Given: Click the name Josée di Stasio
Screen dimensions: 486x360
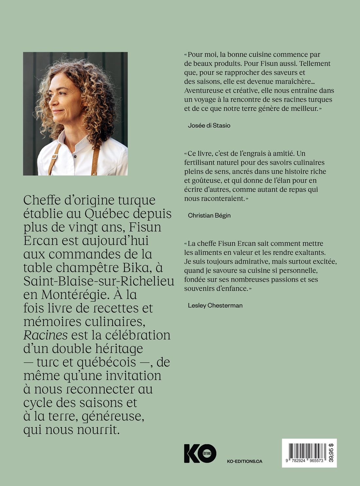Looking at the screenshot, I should (x=209, y=125).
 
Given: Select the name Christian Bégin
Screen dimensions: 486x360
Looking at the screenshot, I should (x=209, y=215).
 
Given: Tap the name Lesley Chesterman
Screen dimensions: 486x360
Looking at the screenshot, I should (x=215, y=305).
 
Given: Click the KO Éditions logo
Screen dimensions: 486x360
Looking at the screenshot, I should (x=200, y=453).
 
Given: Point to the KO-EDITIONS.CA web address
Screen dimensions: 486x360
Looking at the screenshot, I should (x=244, y=461).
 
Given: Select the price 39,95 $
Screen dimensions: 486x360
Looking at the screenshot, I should (x=331, y=453).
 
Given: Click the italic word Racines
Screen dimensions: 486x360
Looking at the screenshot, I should (x=45, y=335).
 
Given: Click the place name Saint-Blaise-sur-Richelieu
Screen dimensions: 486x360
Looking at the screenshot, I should (x=99, y=281).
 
